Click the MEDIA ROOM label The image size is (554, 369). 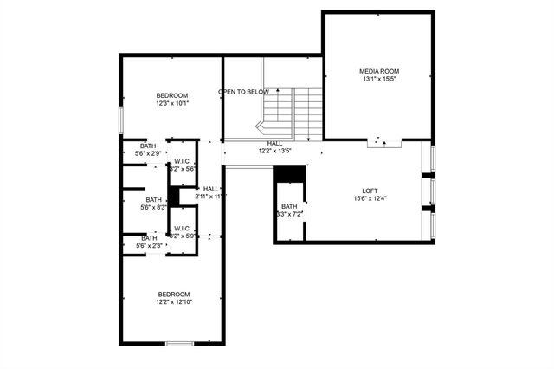(x=379, y=71)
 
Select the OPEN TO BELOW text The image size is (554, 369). (x=243, y=92)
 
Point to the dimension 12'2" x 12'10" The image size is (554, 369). (x=173, y=302)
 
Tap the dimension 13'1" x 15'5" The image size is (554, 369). (x=379, y=80)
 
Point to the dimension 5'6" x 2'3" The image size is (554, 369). (x=149, y=246)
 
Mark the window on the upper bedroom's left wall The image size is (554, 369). (x=120, y=119)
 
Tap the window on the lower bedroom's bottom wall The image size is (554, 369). (x=179, y=344)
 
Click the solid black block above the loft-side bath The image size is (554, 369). (x=290, y=173)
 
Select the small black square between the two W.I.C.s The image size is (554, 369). (x=173, y=197)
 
